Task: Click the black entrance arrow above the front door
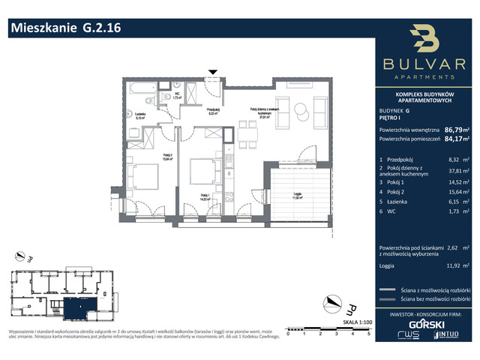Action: point(214,73)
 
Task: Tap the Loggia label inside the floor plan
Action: point(297,196)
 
